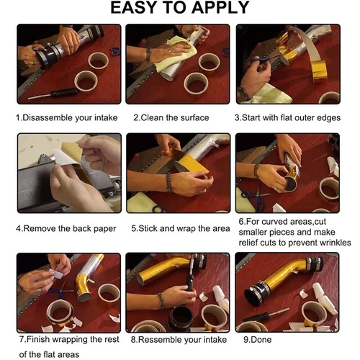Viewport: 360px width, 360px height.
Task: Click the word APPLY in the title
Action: pyautogui.click(x=220, y=8)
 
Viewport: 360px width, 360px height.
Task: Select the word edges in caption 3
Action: pyautogui.click(x=328, y=118)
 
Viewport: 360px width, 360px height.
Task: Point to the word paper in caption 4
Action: pyautogui.click(x=104, y=229)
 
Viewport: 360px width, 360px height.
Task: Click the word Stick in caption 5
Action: pyautogui.click(x=148, y=228)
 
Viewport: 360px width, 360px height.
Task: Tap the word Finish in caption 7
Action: pyautogui.click(x=38, y=339)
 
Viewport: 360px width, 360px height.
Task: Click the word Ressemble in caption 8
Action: pyautogui.click(x=158, y=340)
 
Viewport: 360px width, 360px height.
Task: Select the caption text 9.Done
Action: pyautogui.click(x=257, y=340)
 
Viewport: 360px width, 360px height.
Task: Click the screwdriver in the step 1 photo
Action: pyautogui.click(x=53, y=94)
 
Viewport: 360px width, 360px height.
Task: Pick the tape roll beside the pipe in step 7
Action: pyautogui.click(x=109, y=294)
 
